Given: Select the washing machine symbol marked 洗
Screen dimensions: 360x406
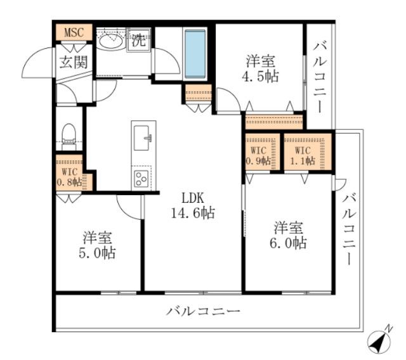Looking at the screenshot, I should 138,41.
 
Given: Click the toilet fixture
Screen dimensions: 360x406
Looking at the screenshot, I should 68,135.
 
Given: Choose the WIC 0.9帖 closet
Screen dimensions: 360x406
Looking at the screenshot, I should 260,155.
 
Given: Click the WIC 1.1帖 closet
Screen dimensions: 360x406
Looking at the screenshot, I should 303,155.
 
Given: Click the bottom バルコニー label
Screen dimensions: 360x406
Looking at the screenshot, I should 204,312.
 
